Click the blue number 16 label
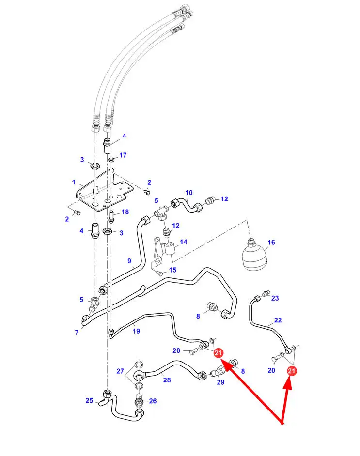point(271,242)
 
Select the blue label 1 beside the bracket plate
point(74,182)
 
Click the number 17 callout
point(123,155)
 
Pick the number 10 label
point(189,193)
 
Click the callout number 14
point(183,242)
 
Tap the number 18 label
point(125,212)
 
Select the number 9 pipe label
point(129,261)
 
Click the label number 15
point(172,270)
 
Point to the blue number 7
point(77,332)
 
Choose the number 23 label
point(275,298)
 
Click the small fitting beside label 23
point(265,294)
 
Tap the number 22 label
point(278,320)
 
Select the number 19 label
point(136,331)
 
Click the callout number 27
point(120,371)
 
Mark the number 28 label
point(167,380)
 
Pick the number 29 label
point(221,382)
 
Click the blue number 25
point(89,400)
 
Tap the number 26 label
point(153,401)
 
